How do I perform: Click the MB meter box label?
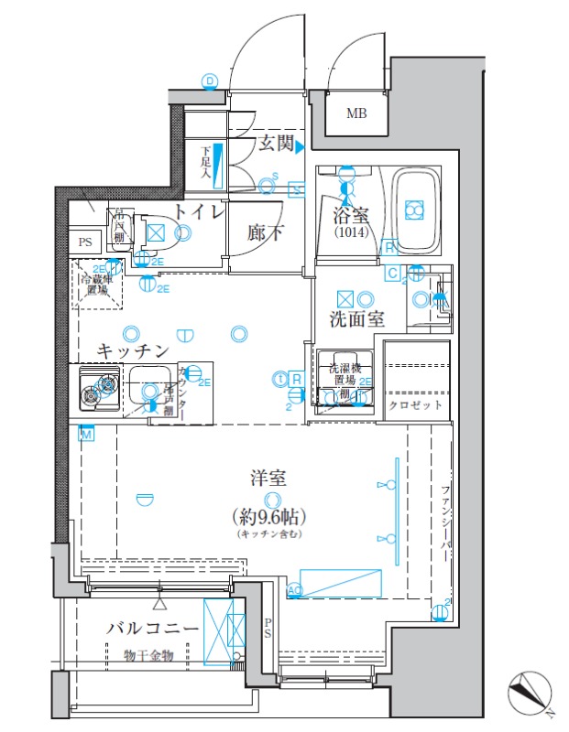pyautogui.click(x=354, y=113)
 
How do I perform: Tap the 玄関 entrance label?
pyautogui.click(x=275, y=144)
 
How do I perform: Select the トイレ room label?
pyautogui.click(x=199, y=212)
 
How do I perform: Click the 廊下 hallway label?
pyautogui.click(x=265, y=233)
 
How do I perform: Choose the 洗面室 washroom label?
pyautogui.click(x=356, y=319)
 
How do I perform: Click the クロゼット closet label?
pyautogui.click(x=416, y=404)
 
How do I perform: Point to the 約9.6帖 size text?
pyautogui.click(x=270, y=515)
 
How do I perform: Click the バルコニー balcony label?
pyautogui.click(x=151, y=630)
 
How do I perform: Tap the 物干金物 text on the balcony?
pyautogui.click(x=149, y=655)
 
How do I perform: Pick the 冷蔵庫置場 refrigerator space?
pyautogui.click(x=93, y=284)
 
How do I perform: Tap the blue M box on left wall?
pyautogui.click(x=86, y=434)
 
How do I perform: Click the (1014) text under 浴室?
pyautogui.click(x=349, y=232)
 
